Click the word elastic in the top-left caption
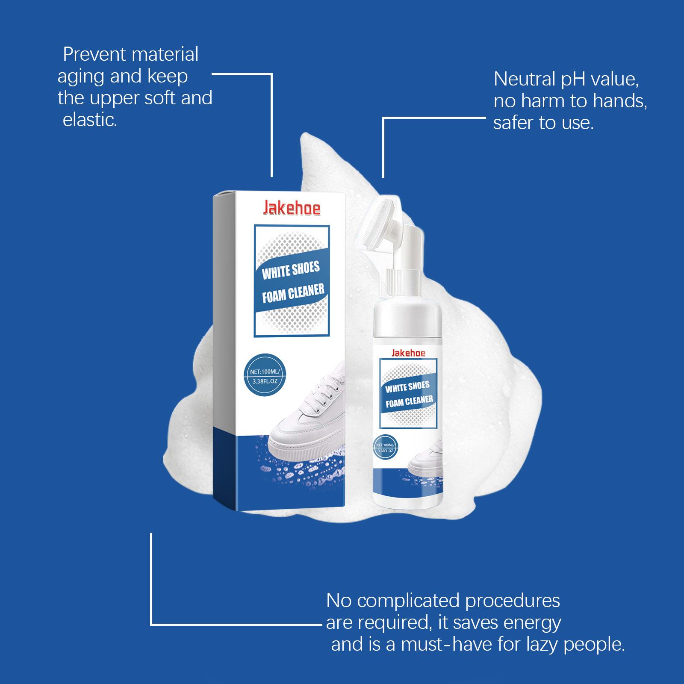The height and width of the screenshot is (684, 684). point(90,120)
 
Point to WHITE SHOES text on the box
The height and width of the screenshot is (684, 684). point(291,271)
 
